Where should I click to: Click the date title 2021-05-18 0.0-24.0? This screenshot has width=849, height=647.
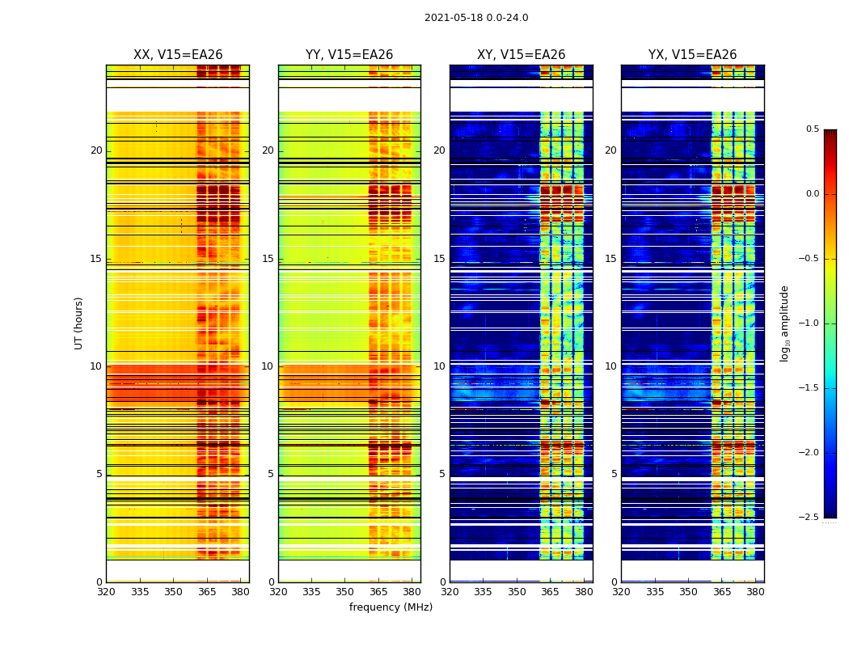pos(476,18)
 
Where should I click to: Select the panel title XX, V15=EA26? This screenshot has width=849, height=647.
pos(178,55)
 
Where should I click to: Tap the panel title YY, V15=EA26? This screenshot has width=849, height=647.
pos(349,55)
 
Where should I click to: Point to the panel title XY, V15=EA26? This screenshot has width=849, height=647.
pos(521,55)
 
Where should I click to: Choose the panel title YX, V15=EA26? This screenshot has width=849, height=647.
pos(692,55)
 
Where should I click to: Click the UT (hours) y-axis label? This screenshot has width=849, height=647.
pos(79,323)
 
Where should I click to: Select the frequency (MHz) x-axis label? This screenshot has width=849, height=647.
pos(391,607)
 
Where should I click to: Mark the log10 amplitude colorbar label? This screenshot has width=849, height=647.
pos(785,323)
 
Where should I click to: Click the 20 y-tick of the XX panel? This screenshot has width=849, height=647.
pos(96,150)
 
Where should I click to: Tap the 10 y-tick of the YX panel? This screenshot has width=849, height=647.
pos(611,366)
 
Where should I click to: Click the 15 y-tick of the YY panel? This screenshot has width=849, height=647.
pos(268,259)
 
